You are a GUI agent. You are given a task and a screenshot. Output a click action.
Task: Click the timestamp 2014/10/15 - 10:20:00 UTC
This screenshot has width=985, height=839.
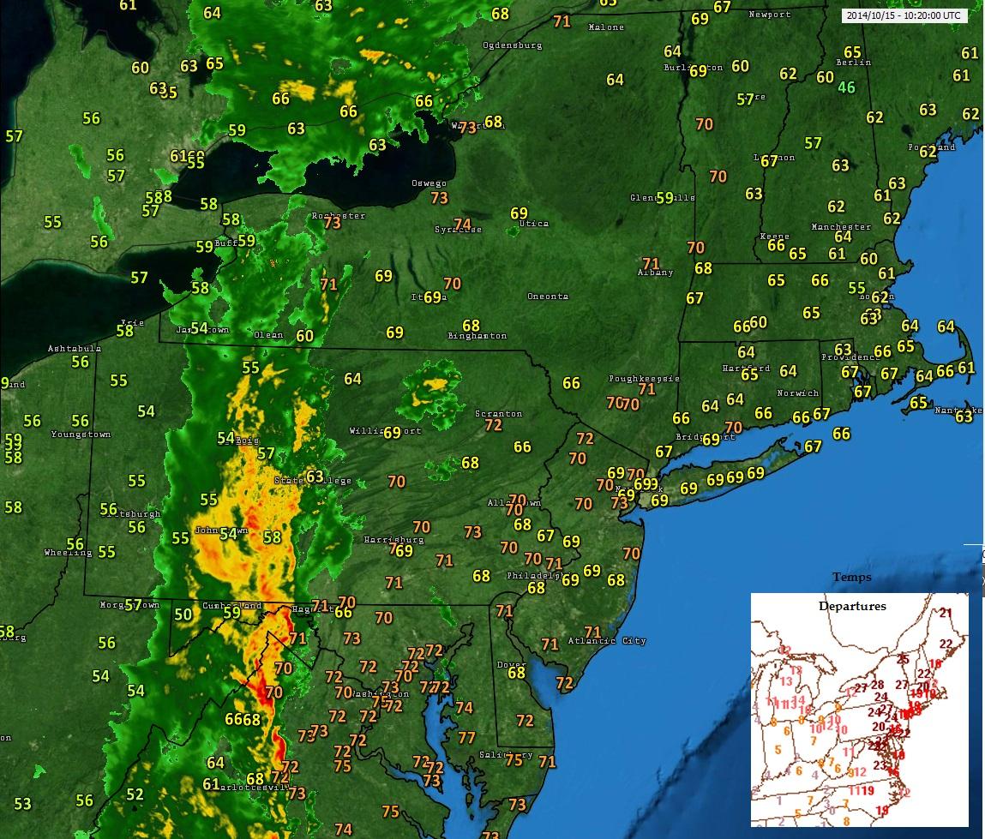click(x=904, y=15)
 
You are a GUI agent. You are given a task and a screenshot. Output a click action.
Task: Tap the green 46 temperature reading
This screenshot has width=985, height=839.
click(x=847, y=87)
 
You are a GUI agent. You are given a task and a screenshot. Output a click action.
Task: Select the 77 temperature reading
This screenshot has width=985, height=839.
click(x=466, y=738)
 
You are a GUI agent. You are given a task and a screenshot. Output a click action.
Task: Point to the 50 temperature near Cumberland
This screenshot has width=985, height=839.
click(x=183, y=614)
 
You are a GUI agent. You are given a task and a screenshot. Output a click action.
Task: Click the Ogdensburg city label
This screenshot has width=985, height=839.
click(x=513, y=45)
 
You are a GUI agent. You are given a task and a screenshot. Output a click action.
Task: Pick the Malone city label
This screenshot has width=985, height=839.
click(x=607, y=27)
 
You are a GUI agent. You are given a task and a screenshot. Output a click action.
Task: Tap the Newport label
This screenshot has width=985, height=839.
click(x=769, y=15)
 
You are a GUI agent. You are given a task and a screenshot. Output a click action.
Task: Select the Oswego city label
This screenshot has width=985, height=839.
click(x=429, y=183)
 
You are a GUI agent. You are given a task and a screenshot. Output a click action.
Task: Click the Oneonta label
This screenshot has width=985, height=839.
click(x=548, y=297)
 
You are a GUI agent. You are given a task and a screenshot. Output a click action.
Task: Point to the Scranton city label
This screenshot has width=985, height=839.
click(x=498, y=414)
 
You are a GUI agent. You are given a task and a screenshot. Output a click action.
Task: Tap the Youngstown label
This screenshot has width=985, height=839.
click(x=81, y=434)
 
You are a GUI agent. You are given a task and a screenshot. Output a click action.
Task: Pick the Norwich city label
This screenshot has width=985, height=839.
click(x=798, y=393)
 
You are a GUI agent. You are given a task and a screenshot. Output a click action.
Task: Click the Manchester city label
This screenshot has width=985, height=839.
click(x=841, y=227)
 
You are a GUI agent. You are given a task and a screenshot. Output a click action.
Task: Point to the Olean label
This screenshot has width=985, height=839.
click(x=268, y=335)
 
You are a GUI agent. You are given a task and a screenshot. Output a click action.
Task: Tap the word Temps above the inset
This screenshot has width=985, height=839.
click(x=852, y=578)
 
